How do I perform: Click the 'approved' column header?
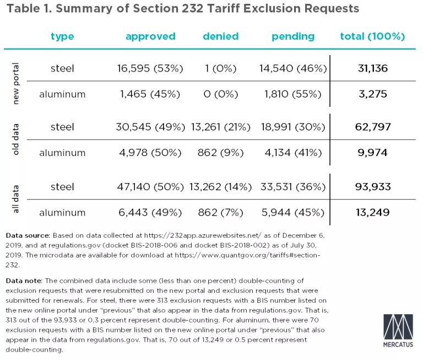pyautogui.click(x=150, y=37)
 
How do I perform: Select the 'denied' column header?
pyautogui.click(x=220, y=37)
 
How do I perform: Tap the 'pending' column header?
pyautogui.click(x=292, y=37)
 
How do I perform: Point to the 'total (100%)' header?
pyautogui.click(x=372, y=37)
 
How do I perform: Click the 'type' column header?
pyautogui.click(x=62, y=37)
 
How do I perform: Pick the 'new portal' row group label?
pyautogui.click(x=15, y=81)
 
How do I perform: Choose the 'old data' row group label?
pyautogui.click(x=15, y=140)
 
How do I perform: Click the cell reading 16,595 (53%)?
pyautogui.click(x=150, y=68)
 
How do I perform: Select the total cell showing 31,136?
pyautogui.click(x=372, y=68)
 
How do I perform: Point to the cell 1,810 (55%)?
pyautogui.click(x=292, y=94)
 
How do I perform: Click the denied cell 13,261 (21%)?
pyautogui.click(x=221, y=127)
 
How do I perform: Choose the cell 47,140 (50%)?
pyautogui.click(x=150, y=187)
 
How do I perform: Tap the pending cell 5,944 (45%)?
pyautogui.click(x=292, y=212)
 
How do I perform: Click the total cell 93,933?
pyautogui.click(x=372, y=187)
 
